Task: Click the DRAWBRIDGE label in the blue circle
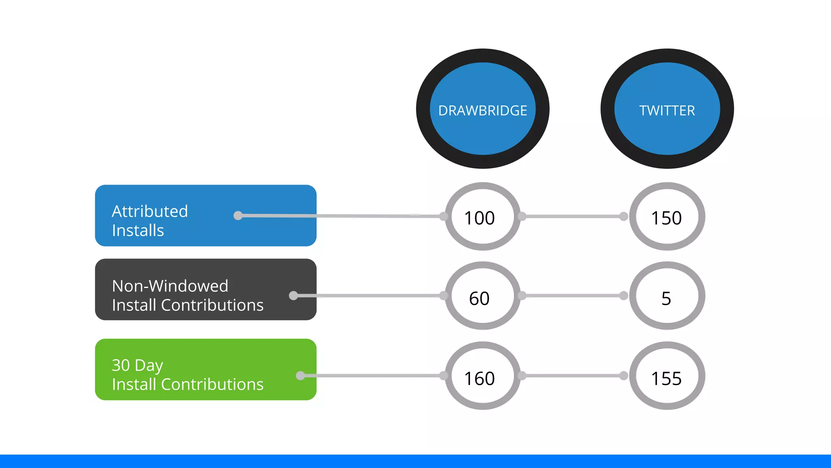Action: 482,110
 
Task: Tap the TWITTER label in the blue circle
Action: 667,110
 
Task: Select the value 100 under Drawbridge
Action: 479,218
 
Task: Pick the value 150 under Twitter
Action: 666,218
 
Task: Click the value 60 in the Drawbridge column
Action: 479,299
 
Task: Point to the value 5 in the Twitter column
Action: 666,299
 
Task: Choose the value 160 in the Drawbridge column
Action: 479,379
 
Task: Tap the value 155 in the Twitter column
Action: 666,379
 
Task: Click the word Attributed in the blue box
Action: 150,211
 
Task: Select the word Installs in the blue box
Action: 138,230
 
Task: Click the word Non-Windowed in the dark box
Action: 170,286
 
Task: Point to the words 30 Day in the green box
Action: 137,365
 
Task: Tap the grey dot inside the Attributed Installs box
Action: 238,215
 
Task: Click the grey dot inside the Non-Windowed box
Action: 293,295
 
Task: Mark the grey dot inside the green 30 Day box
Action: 300,375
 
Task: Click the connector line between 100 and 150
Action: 573,217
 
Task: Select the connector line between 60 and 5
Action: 573,296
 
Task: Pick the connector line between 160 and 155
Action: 573,376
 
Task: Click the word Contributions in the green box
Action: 212,384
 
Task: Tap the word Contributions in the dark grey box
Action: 212,305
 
